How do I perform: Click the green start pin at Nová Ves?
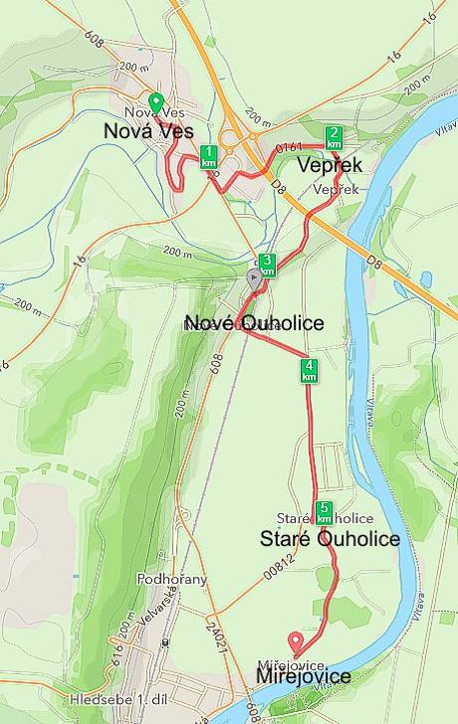pos(155,103)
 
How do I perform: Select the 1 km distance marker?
pos(209,155)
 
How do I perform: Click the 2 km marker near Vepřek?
pos(335,137)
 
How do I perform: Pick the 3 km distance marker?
pos(267,265)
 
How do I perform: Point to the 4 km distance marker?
pos(310,371)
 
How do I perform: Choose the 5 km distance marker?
pos(324,512)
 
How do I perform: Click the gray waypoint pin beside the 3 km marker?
pos(255,278)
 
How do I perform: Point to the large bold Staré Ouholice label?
pos(330,539)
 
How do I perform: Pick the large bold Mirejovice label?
pos(303,676)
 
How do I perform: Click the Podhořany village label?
pos(171,579)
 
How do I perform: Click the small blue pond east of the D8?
pos(426,279)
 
